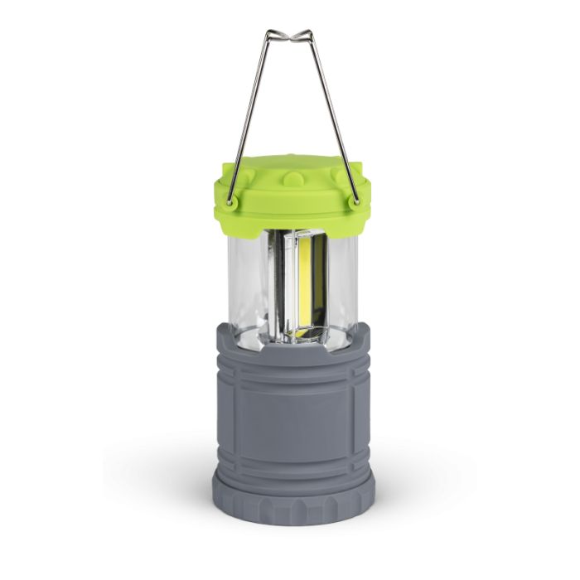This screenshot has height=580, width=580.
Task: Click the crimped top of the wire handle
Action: point(290,39)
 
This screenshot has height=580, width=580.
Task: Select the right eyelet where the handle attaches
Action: point(355,199)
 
